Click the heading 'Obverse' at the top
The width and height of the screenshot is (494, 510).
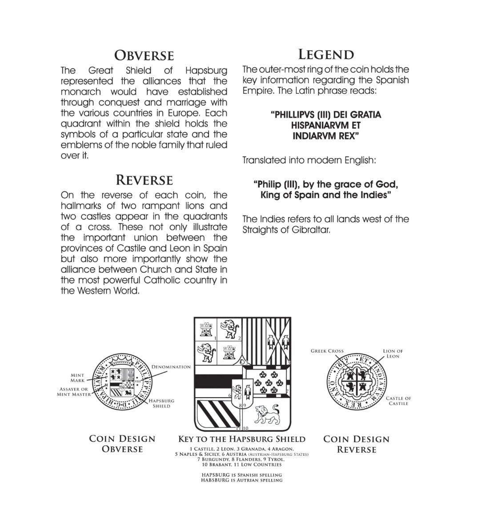tap(144, 56)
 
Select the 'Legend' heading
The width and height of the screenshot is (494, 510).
tap(325, 55)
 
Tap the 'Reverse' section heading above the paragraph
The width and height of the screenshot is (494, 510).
tap(144, 180)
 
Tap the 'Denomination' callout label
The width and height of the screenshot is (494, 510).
tap(171, 367)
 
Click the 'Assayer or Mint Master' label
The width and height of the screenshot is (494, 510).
tap(74, 392)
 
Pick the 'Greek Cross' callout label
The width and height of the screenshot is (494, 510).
tap(327, 351)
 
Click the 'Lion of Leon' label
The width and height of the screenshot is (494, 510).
tap(393, 354)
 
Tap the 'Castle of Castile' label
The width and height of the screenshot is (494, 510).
tap(398, 401)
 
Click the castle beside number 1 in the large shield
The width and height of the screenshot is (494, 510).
tap(205, 329)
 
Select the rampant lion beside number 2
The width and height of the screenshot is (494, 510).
tap(230, 328)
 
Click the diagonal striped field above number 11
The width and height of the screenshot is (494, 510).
tap(216, 412)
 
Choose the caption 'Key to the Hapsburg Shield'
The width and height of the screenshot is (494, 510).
tap(241, 439)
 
